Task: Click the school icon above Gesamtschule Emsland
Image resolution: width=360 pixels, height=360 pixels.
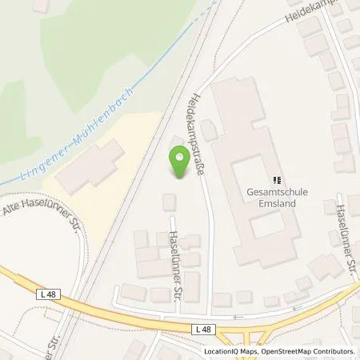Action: [277, 180]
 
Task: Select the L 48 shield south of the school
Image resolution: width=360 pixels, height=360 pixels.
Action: [202, 329]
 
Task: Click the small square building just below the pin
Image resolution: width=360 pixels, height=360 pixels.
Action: [170, 202]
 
